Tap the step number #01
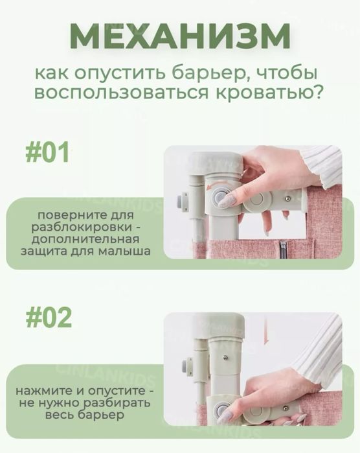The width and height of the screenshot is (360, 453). pyautogui.click(x=47, y=153)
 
